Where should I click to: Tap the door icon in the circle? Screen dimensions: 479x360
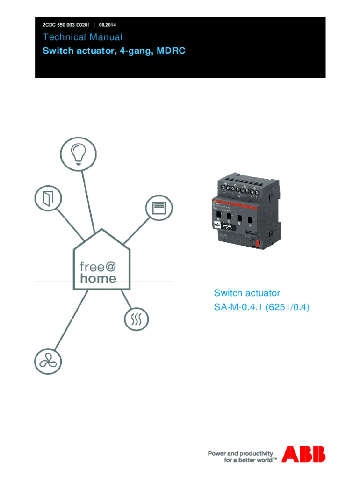(x=48, y=199)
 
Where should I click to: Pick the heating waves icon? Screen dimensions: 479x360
(x=137, y=320)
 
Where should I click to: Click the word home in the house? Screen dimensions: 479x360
(x=98, y=279)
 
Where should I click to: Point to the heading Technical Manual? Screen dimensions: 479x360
(x=82, y=37)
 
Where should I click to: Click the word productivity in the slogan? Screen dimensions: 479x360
(x=256, y=453)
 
